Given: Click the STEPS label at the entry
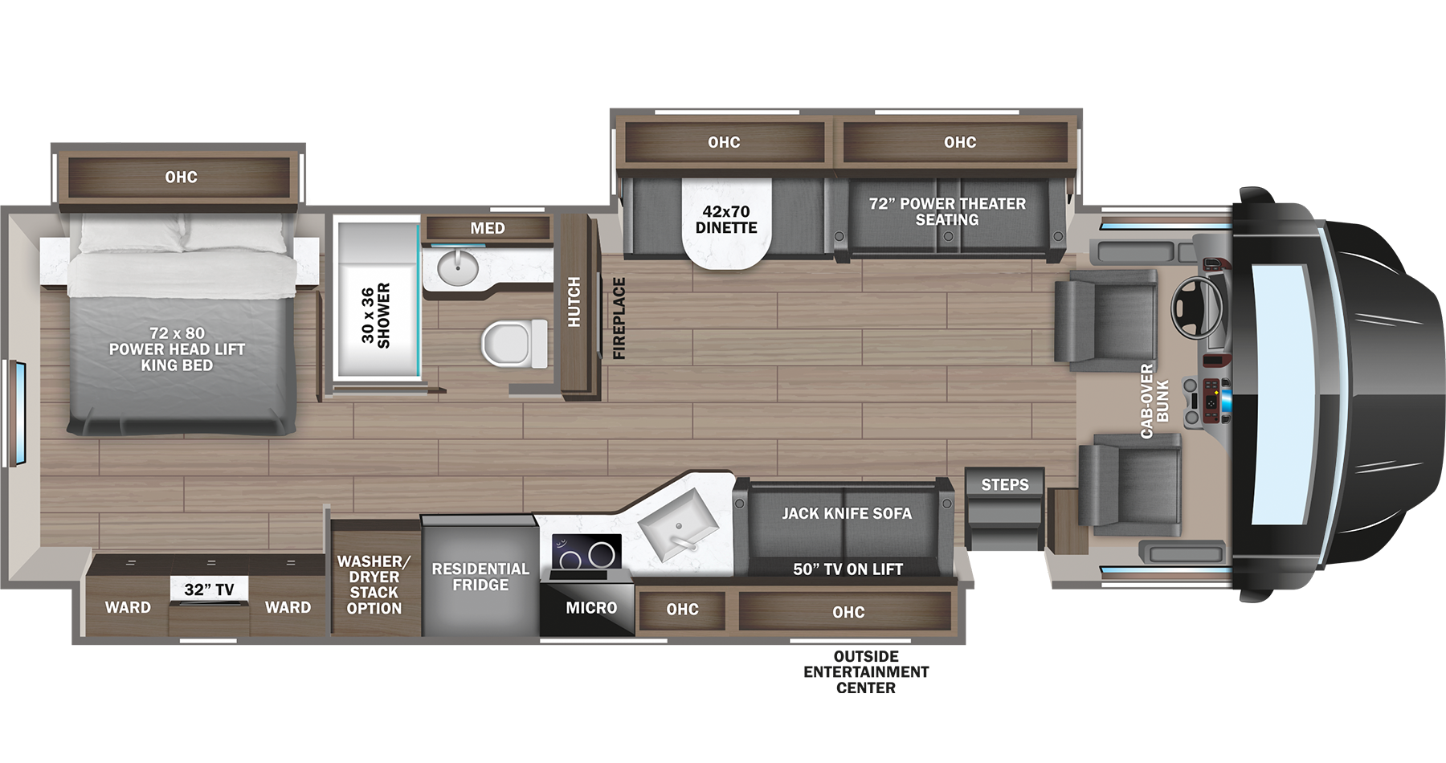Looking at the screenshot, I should click(x=1004, y=484).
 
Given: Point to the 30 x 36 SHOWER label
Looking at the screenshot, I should click(x=375, y=315).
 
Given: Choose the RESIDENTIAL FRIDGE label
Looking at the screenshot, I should click(x=480, y=577).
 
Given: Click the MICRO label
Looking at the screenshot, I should click(x=591, y=608).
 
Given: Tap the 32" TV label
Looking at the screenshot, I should click(x=209, y=590).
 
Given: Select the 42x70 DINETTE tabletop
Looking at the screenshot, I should click(x=726, y=221).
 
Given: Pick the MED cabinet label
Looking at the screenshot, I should click(x=488, y=228).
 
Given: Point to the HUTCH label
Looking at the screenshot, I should click(x=574, y=301).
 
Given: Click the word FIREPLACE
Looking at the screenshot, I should click(x=619, y=318).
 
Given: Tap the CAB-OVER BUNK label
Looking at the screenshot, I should click(x=1154, y=401).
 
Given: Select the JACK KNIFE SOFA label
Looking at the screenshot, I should click(x=847, y=513).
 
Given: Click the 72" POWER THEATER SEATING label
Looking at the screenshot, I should click(x=947, y=211).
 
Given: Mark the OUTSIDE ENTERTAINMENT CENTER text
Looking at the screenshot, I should click(x=866, y=671).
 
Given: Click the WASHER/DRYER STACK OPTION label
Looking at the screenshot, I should click(x=374, y=585).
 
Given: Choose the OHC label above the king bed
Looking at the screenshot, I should click(x=181, y=177).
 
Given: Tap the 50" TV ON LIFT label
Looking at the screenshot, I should click(x=848, y=569).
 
